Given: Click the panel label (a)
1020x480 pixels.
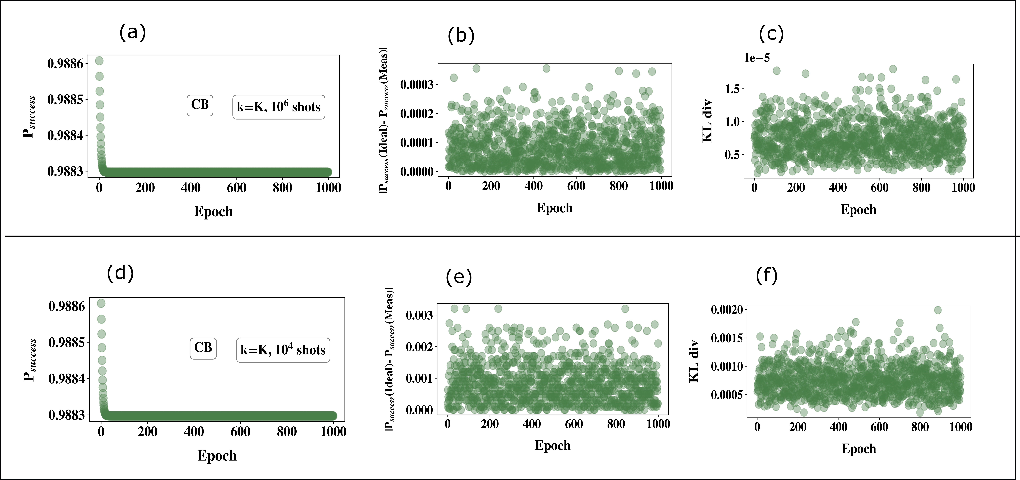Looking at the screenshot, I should click(132, 32).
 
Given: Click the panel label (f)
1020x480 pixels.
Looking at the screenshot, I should click(767, 276).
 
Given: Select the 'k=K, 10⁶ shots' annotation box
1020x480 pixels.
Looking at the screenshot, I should click(278, 107).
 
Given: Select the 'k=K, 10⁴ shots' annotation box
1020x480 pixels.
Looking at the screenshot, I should click(283, 350).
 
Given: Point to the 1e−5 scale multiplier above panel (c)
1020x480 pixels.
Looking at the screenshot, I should click(757, 58).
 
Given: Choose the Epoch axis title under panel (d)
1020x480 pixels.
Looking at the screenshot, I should click(217, 456).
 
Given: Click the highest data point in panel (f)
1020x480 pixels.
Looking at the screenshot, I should click(938, 310).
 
